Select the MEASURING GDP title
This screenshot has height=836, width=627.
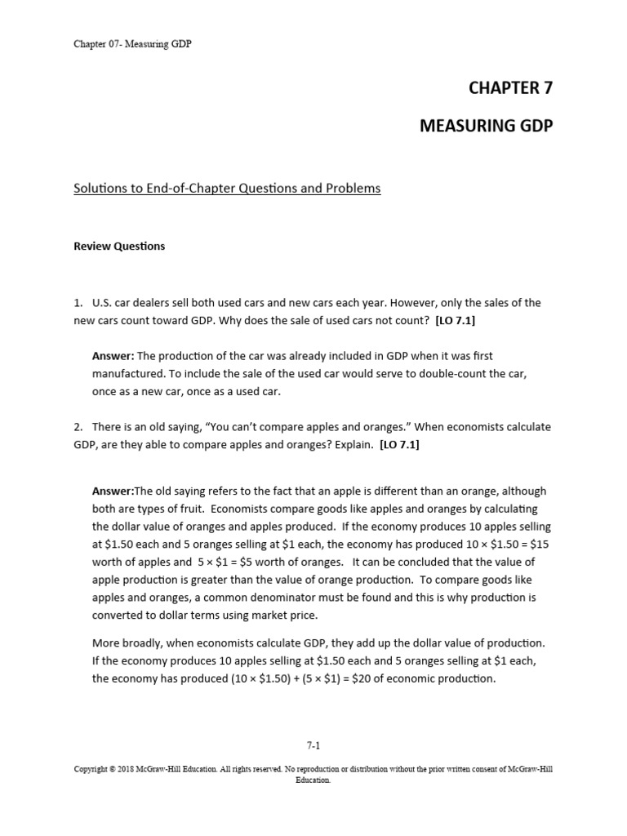[486, 126]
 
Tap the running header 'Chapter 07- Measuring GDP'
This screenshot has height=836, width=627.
[132, 44]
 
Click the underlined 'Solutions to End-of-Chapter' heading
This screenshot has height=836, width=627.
[227, 189]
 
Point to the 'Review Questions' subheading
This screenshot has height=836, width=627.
[119, 246]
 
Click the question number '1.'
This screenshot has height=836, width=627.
[79, 302]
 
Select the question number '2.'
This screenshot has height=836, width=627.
[79, 427]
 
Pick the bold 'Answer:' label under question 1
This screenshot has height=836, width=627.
[113, 356]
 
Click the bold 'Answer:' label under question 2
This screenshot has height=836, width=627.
[113, 491]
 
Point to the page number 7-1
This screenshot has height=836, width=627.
[313, 745]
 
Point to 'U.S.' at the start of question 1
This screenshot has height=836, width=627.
[104, 302]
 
